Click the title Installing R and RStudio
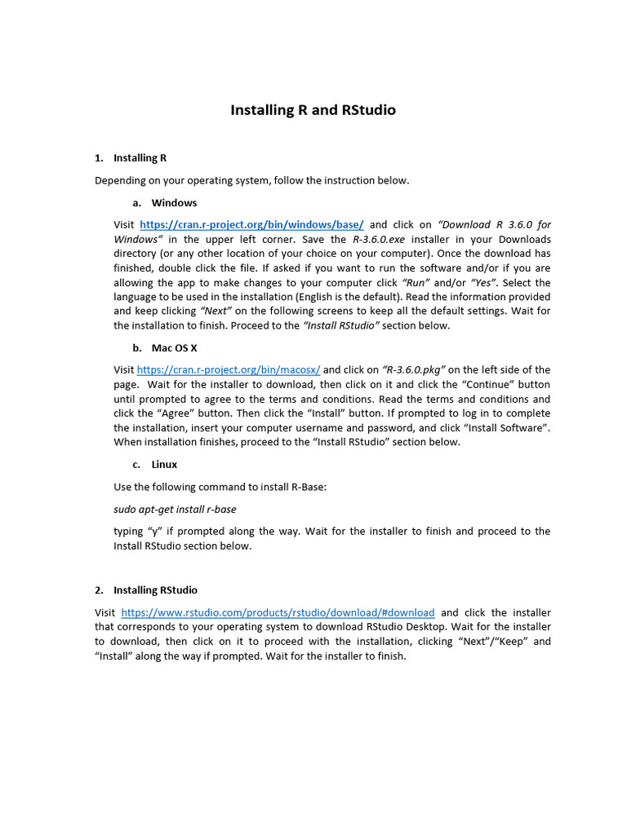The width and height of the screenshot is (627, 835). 313,110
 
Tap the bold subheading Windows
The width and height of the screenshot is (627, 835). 174,202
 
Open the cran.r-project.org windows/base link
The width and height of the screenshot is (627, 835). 251,225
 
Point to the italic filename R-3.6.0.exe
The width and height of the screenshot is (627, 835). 379,240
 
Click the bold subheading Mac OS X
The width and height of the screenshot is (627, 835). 174,348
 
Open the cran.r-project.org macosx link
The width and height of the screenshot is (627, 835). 229,370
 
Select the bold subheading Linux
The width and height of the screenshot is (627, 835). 164,464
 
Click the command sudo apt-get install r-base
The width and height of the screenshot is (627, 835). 175,510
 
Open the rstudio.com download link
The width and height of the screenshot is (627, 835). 278,612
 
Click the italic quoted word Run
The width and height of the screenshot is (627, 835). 418,283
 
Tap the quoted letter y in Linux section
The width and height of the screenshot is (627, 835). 153,532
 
